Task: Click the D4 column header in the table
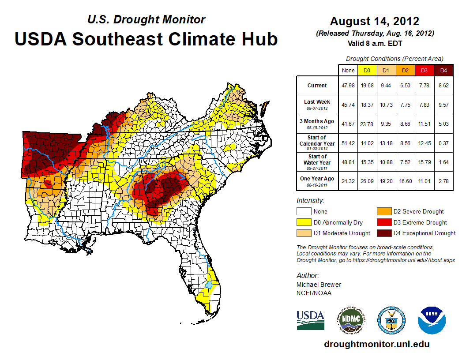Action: (443, 71)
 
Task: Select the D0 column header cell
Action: (367, 71)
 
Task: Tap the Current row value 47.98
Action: (348, 86)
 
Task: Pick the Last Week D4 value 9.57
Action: (443, 105)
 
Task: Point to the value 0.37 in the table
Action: (443, 143)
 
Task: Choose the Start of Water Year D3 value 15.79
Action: (425, 162)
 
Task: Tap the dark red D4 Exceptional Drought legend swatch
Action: (383, 233)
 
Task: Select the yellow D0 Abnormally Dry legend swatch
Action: (304, 222)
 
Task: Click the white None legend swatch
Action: (304, 211)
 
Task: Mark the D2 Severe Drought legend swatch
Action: (383, 211)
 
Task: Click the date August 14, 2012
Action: (375, 21)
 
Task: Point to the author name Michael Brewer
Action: (319, 285)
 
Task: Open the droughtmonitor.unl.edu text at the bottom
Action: (376, 344)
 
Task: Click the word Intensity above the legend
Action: (310, 201)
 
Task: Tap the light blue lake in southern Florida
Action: (208, 285)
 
